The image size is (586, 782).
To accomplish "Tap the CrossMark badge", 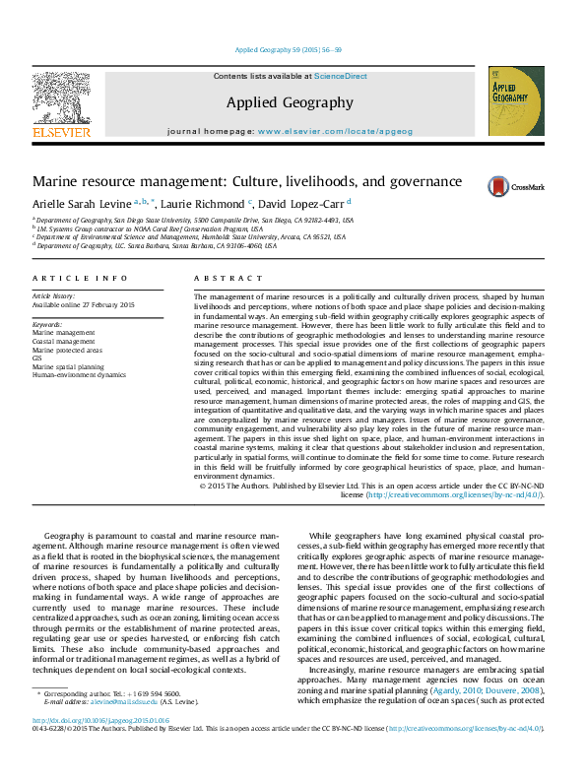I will (x=507, y=186).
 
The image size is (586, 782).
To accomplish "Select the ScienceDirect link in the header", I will (x=340, y=76).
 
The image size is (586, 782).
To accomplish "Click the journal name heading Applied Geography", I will (x=289, y=102).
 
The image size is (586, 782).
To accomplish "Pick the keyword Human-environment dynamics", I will (x=79, y=374).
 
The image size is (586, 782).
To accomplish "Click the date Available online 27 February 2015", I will (x=84, y=304).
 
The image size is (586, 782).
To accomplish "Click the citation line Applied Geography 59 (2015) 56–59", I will (x=289, y=49).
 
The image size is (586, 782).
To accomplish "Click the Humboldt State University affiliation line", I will (x=189, y=236).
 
